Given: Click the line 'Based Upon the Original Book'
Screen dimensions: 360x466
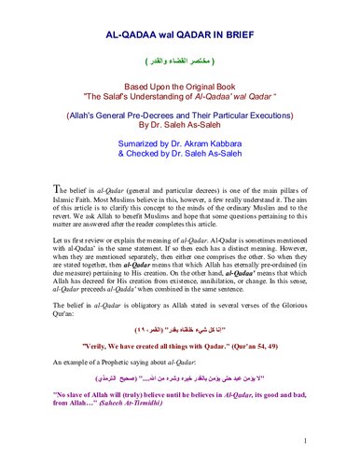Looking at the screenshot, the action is pos(180,85).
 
